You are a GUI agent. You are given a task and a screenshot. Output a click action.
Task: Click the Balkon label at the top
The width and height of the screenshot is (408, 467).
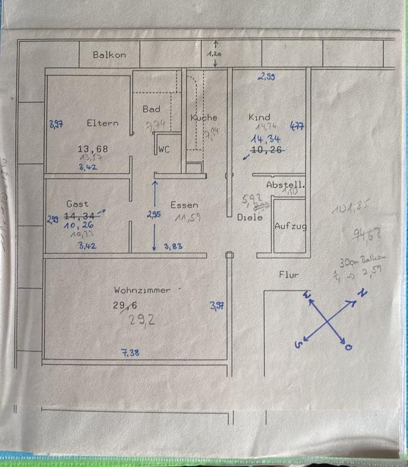point(109,55)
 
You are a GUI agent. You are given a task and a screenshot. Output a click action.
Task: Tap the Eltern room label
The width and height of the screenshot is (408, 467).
point(103,123)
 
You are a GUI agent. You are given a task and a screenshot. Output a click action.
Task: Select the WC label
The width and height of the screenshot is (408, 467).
point(164,150)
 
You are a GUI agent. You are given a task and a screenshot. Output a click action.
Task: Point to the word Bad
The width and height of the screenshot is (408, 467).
point(151,109)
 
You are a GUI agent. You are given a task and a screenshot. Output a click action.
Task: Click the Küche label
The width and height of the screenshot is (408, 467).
point(204,118)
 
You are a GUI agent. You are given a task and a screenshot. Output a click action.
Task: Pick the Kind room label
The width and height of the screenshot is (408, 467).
point(259,118)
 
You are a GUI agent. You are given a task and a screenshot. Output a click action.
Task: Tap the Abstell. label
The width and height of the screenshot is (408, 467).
point(285,185)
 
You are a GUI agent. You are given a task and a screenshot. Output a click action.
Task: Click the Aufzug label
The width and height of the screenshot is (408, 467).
point(290,226)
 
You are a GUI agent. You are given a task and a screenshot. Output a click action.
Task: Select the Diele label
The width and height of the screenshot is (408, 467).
point(250,217)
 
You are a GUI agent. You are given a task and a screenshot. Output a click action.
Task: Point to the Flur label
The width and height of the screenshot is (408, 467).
point(289,274)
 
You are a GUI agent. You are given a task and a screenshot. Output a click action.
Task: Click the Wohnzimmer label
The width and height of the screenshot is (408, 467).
point(142,290)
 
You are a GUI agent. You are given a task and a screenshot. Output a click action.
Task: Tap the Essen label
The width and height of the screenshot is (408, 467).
point(184,205)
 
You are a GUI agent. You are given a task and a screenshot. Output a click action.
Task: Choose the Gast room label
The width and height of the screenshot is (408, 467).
point(77,204)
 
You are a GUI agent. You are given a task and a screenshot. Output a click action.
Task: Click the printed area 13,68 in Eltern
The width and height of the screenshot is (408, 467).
point(93,148)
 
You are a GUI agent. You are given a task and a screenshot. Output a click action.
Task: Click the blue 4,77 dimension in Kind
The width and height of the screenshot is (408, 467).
point(297,126)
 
